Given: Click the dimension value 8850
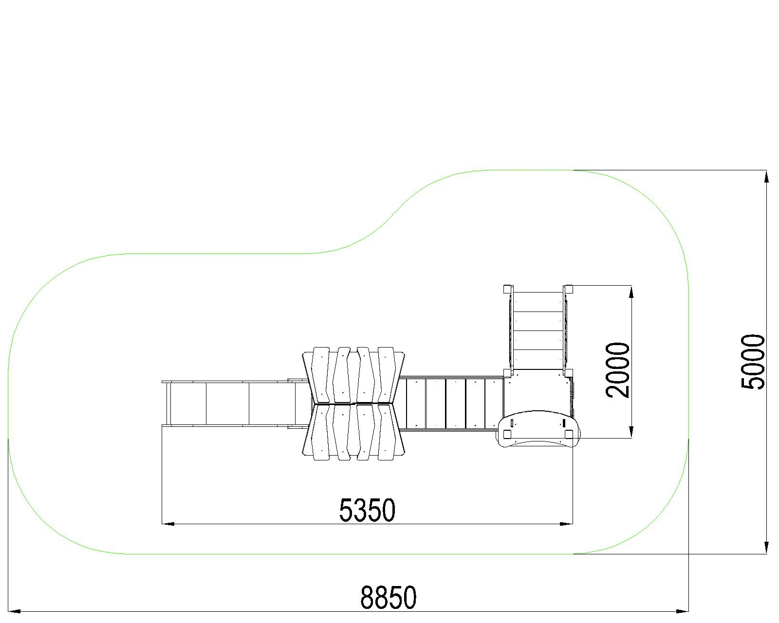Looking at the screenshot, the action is (x=388, y=598).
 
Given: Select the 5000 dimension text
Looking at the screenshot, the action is (x=753, y=362).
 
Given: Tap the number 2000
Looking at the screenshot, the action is (x=617, y=370).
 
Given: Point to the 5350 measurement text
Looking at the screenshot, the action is (x=367, y=510).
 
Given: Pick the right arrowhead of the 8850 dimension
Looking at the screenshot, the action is (x=682, y=611).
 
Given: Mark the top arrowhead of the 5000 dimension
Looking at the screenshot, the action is (x=766, y=177).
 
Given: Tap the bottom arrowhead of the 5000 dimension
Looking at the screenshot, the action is (x=766, y=547).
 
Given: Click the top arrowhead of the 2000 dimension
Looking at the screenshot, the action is (x=631, y=292).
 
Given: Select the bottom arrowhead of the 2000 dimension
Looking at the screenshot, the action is (x=631, y=432).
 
